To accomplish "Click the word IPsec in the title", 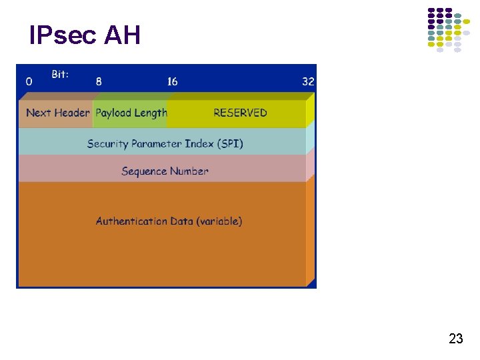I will coord(63,35).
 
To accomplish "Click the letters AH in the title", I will coord(122,35).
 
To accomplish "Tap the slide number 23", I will coord(456,339).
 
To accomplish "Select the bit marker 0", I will coord(29,81).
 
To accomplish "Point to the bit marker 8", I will coord(99,81).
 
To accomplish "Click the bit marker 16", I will coord(172,81).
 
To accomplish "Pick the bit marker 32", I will coord(308,81).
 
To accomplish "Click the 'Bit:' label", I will coord(60,75).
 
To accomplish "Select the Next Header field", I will coord(57,113).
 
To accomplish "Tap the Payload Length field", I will coord(131,113).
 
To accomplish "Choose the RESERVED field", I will coord(240,113).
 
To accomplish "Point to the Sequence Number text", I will coord(165,171).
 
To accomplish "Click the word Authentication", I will coord(131,221).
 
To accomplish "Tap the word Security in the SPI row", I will coord(107,143).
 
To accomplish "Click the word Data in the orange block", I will coord(181,221).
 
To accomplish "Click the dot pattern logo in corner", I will coord(447,30).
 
